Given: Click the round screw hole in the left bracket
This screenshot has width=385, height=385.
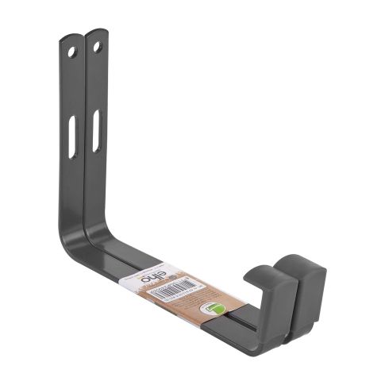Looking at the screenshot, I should click(x=71, y=52).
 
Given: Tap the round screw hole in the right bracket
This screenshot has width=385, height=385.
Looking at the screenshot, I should click(x=97, y=47).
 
